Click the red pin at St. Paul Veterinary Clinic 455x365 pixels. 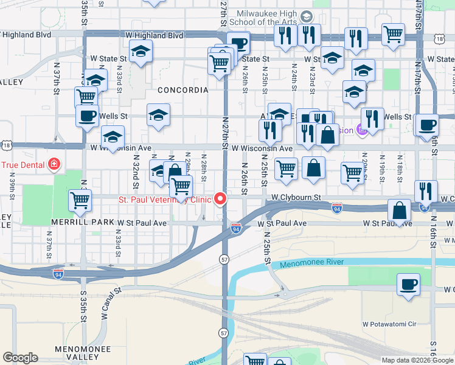coord(219,199)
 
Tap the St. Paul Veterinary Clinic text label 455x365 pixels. coord(164,199)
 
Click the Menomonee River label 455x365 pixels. coord(312,263)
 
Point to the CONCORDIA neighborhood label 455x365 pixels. coord(183,90)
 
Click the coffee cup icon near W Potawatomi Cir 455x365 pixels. coord(408,283)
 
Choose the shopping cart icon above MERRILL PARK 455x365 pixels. coord(80,200)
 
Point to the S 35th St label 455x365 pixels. coord(83,305)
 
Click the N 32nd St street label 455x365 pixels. coord(136,171)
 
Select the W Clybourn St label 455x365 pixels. coord(296,198)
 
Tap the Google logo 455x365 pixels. coord(21,358)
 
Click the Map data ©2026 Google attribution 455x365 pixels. coord(417,360)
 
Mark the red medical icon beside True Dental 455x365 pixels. coord(54,164)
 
